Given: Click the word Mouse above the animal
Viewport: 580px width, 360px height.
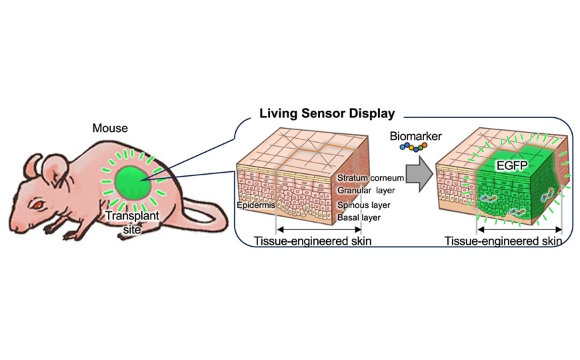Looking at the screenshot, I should (x=109, y=128).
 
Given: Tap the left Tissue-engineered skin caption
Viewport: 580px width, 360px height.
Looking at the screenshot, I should (x=313, y=241).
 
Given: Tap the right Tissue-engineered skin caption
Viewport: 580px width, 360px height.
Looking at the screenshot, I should (x=503, y=241).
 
